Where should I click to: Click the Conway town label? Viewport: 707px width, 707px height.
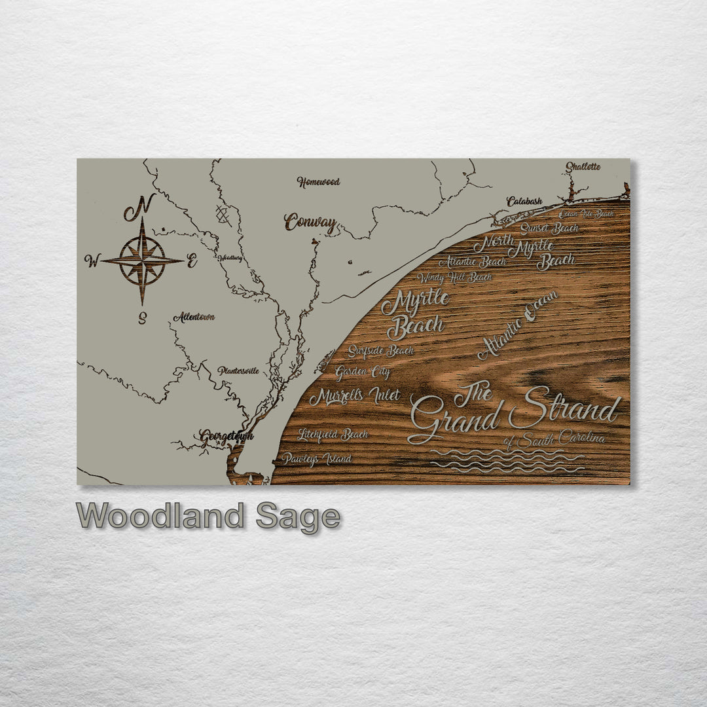pyautogui.click(x=310, y=223)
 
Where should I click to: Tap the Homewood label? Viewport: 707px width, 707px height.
pyautogui.click(x=318, y=182)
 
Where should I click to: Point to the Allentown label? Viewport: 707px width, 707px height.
pyautogui.click(x=194, y=317)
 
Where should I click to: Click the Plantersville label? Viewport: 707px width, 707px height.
pyautogui.click(x=238, y=371)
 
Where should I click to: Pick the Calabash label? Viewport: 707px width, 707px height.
pyautogui.click(x=524, y=202)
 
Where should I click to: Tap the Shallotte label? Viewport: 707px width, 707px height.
pyautogui.click(x=583, y=166)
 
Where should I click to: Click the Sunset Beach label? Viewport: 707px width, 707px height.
pyautogui.click(x=549, y=228)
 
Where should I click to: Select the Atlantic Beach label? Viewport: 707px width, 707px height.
pyautogui.click(x=472, y=262)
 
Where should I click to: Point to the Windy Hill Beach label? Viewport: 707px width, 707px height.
pyautogui.click(x=454, y=278)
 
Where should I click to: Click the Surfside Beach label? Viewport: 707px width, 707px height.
pyautogui.click(x=380, y=351)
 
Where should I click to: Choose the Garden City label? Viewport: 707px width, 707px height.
pyautogui.click(x=363, y=373)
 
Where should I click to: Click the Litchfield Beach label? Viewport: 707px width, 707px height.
pyautogui.click(x=333, y=434)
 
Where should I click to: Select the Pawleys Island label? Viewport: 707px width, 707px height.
pyautogui.click(x=317, y=459)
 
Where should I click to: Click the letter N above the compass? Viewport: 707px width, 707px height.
pyautogui.click(x=139, y=208)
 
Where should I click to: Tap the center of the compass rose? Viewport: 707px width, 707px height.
pyautogui.click(x=142, y=261)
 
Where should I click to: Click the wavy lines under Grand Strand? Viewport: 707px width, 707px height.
pyautogui.click(x=507, y=461)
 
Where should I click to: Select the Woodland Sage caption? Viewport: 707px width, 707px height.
pyautogui.click(x=208, y=517)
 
